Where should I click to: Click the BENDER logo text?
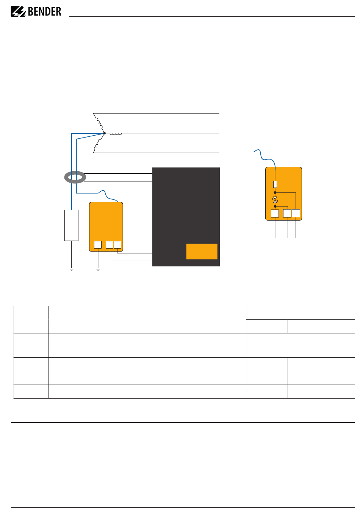pyautogui.click(x=44, y=11)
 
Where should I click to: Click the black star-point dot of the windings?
pyautogui.click(x=105, y=133)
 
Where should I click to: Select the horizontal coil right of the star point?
pyautogui.click(x=116, y=134)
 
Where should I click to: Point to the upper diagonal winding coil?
pyautogui.click(x=99, y=123)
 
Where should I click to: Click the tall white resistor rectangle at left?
pyautogui.click(x=71, y=225)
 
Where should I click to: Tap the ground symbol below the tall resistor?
pyautogui.click(x=71, y=269)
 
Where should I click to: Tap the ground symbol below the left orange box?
pyautogui.click(x=98, y=269)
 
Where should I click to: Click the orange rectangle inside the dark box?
pyautogui.click(x=202, y=252)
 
